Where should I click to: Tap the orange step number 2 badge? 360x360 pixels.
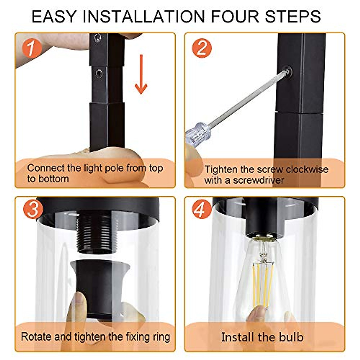(x=202, y=48)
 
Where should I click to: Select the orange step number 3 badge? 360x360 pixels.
(x=33, y=209)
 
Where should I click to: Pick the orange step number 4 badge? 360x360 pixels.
(x=202, y=209)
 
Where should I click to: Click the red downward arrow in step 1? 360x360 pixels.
(x=141, y=74)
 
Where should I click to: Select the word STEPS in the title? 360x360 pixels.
(x=293, y=16)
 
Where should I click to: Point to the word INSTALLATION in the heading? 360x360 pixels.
(x=144, y=16)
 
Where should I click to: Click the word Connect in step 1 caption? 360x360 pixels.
(x=46, y=168)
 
